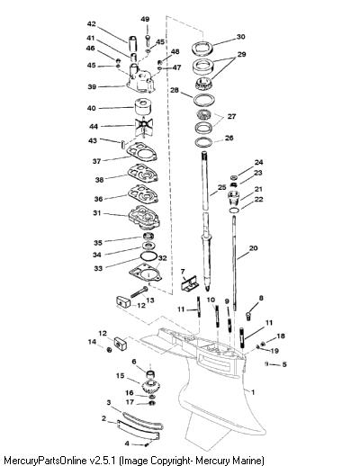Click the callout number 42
pos(91,24)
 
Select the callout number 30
pos(240,37)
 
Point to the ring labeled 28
pos(205,100)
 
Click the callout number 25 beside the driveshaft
pos(221,187)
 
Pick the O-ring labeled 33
pos(148,256)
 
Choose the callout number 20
pos(253,248)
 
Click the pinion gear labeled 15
pos(151,387)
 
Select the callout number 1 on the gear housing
pos(253,392)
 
